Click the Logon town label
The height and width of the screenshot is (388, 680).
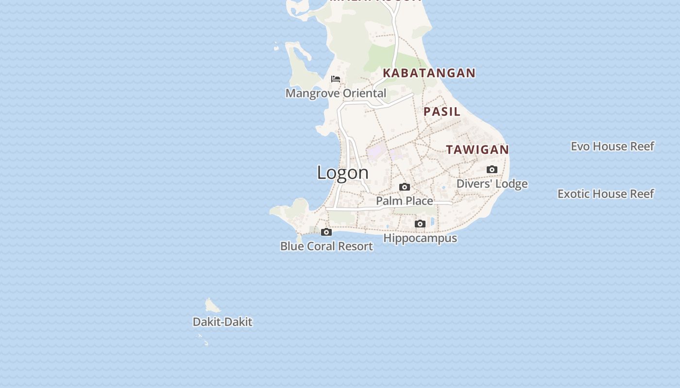click(342, 173)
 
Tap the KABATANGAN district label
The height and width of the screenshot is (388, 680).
click(429, 73)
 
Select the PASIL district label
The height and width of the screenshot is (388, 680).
click(442, 112)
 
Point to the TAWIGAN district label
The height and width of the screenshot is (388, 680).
click(477, 150)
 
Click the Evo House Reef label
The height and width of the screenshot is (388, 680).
click(612, 146)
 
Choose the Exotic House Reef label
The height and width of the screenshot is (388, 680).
click(605, 194)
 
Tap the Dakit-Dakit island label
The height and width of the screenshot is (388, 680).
click(222, 322)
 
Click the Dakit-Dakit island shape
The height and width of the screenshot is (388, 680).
click(212, 306)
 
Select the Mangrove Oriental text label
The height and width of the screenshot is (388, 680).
click(336, 93)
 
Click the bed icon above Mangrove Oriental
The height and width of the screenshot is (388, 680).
click(336, 79)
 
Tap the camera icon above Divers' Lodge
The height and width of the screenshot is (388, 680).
click(492, 170)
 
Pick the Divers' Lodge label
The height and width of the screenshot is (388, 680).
click(492, 184)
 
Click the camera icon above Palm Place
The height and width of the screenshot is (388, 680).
click(405, 187)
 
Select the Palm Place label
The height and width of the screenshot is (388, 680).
click(405, 201)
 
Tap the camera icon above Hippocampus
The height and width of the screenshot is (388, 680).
click(420, 224)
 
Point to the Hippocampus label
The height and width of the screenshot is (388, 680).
click(420, 238)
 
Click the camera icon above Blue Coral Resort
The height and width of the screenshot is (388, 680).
click(326, 232)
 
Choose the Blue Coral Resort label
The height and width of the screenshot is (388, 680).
click(326, 246)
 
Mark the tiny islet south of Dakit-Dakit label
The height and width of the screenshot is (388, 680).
click(206, 343)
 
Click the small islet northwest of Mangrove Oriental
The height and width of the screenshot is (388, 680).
click(276, 47)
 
